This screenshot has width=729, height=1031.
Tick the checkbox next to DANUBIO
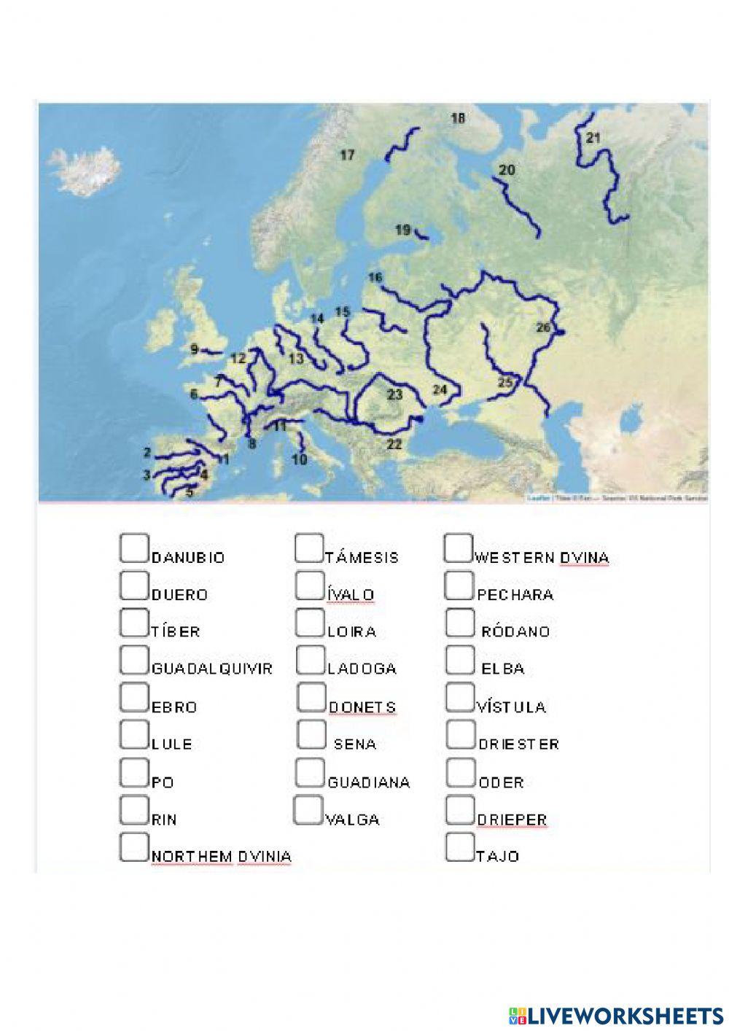point(134,548)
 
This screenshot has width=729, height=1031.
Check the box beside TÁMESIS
point(309,548)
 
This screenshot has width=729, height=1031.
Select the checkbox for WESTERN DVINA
point(459,548)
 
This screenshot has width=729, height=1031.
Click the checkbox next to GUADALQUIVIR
point(134,660)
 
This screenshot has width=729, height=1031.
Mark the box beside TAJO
point(459,847)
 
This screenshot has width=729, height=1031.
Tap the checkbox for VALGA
point(308,810)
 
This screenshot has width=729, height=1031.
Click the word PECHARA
point(515,595)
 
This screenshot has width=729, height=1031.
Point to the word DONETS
point(362,707)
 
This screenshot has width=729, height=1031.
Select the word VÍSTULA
point(511,707)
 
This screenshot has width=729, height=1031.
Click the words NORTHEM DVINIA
point(221,857)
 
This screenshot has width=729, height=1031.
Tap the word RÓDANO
point(515,632)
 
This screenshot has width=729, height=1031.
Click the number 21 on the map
point(593,137)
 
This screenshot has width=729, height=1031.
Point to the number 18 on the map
point(458,118)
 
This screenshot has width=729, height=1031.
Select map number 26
point(544,327)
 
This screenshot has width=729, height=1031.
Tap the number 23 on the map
point(394,394)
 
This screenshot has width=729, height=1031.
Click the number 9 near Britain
point(195,349)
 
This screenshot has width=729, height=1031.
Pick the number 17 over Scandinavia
point(348,155)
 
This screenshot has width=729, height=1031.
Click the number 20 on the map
point(507,170)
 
